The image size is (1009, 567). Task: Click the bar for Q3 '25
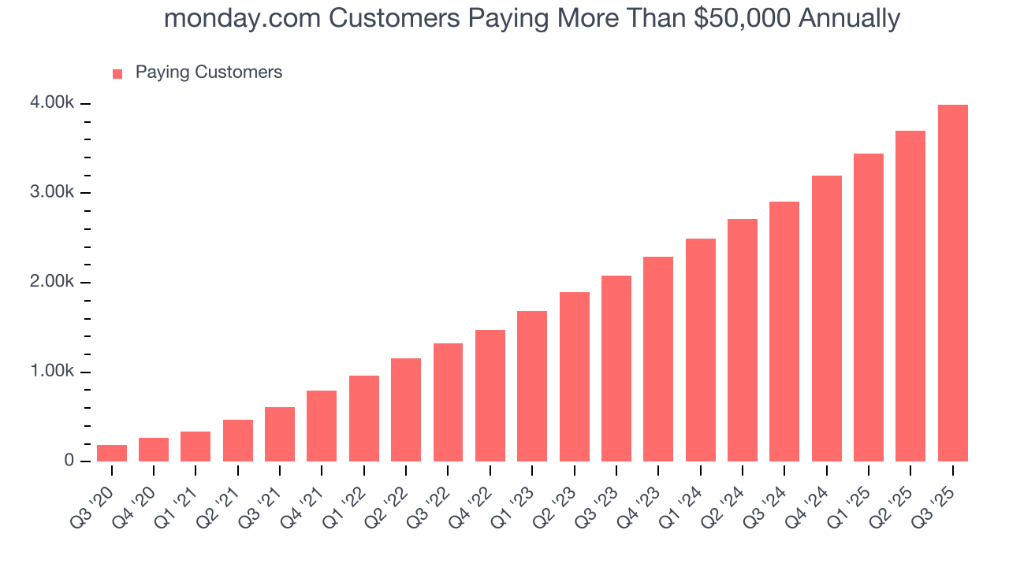point(952,283)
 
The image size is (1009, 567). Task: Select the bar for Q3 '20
point(112,454)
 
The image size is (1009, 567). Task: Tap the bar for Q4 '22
point(490,395)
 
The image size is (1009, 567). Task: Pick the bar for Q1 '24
point(701,350)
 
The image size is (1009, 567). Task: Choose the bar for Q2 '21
point(238,440)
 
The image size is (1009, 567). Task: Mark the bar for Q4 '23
point(658,359)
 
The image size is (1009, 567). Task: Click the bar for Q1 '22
point(364,418)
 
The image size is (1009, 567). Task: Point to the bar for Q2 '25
point(910,296)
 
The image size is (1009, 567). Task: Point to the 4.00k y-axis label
point(54,103)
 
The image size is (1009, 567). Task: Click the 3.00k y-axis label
point(54,192)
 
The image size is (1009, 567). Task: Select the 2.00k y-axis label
point(54,282)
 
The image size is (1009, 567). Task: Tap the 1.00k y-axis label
point(54,371)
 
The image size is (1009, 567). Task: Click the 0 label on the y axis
point(69,461)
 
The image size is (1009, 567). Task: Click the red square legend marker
point(117,73)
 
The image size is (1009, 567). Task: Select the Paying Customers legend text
point(208,72)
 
